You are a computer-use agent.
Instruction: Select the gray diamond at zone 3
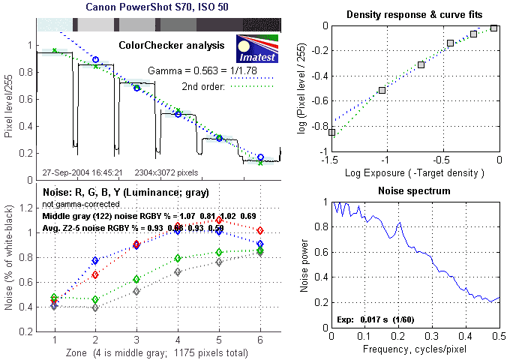(x=136, y=291)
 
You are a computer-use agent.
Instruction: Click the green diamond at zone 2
(x=95, y=299)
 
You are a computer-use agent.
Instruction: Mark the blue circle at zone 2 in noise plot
(x=95, y=260)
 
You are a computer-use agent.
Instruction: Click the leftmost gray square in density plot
(x=332, y=132)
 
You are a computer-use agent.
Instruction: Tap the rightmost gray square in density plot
(x=494, y=28)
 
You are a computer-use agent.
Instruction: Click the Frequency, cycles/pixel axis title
(x=415, y=350)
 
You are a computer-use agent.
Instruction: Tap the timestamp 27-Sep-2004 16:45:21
(x=82, y=172)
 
